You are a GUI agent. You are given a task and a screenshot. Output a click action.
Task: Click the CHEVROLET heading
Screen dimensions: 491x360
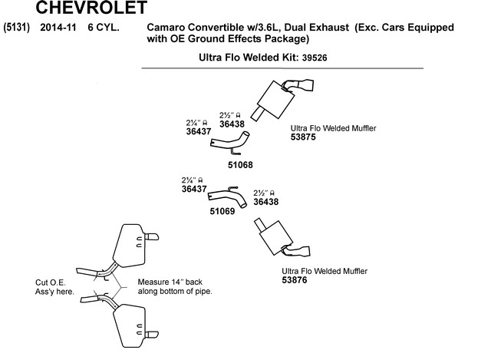91,8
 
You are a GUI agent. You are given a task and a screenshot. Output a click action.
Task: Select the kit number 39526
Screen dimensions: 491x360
315,58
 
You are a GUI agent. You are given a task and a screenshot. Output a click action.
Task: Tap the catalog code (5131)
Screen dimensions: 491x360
16,28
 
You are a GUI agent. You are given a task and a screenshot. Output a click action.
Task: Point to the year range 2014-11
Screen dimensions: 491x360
58,28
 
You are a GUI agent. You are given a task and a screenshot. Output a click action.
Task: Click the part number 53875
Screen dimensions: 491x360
303,137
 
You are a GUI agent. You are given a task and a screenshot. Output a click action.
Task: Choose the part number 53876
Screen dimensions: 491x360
295,280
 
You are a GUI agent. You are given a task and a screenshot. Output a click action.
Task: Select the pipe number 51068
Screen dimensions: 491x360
240,165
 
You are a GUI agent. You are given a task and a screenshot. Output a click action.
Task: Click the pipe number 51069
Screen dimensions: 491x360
222,211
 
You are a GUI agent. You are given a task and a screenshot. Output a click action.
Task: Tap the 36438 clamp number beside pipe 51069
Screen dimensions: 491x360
266,202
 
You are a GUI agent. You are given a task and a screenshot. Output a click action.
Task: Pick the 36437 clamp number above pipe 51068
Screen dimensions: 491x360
199,131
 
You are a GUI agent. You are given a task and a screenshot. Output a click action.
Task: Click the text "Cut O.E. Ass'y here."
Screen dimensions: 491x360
54,287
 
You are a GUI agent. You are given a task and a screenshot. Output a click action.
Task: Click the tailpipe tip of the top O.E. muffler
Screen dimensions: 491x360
152,236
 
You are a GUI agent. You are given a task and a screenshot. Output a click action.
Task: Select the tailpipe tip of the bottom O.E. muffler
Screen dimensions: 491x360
152,335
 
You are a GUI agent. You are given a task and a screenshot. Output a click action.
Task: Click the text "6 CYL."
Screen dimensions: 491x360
104,28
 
